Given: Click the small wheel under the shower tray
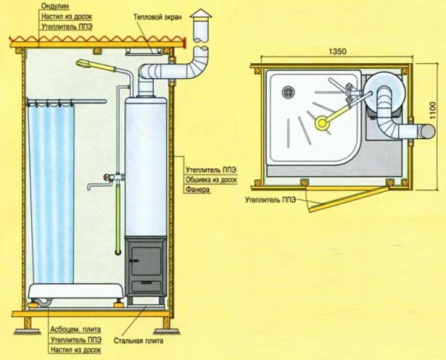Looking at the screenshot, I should click(x=40, y=302).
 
